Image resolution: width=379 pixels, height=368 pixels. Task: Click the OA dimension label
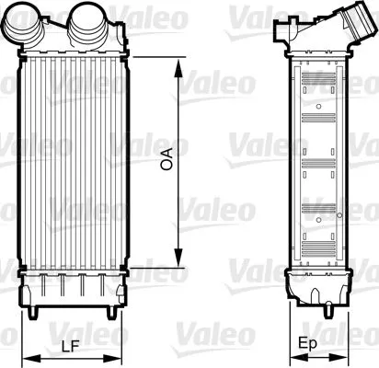pos(167,164)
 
